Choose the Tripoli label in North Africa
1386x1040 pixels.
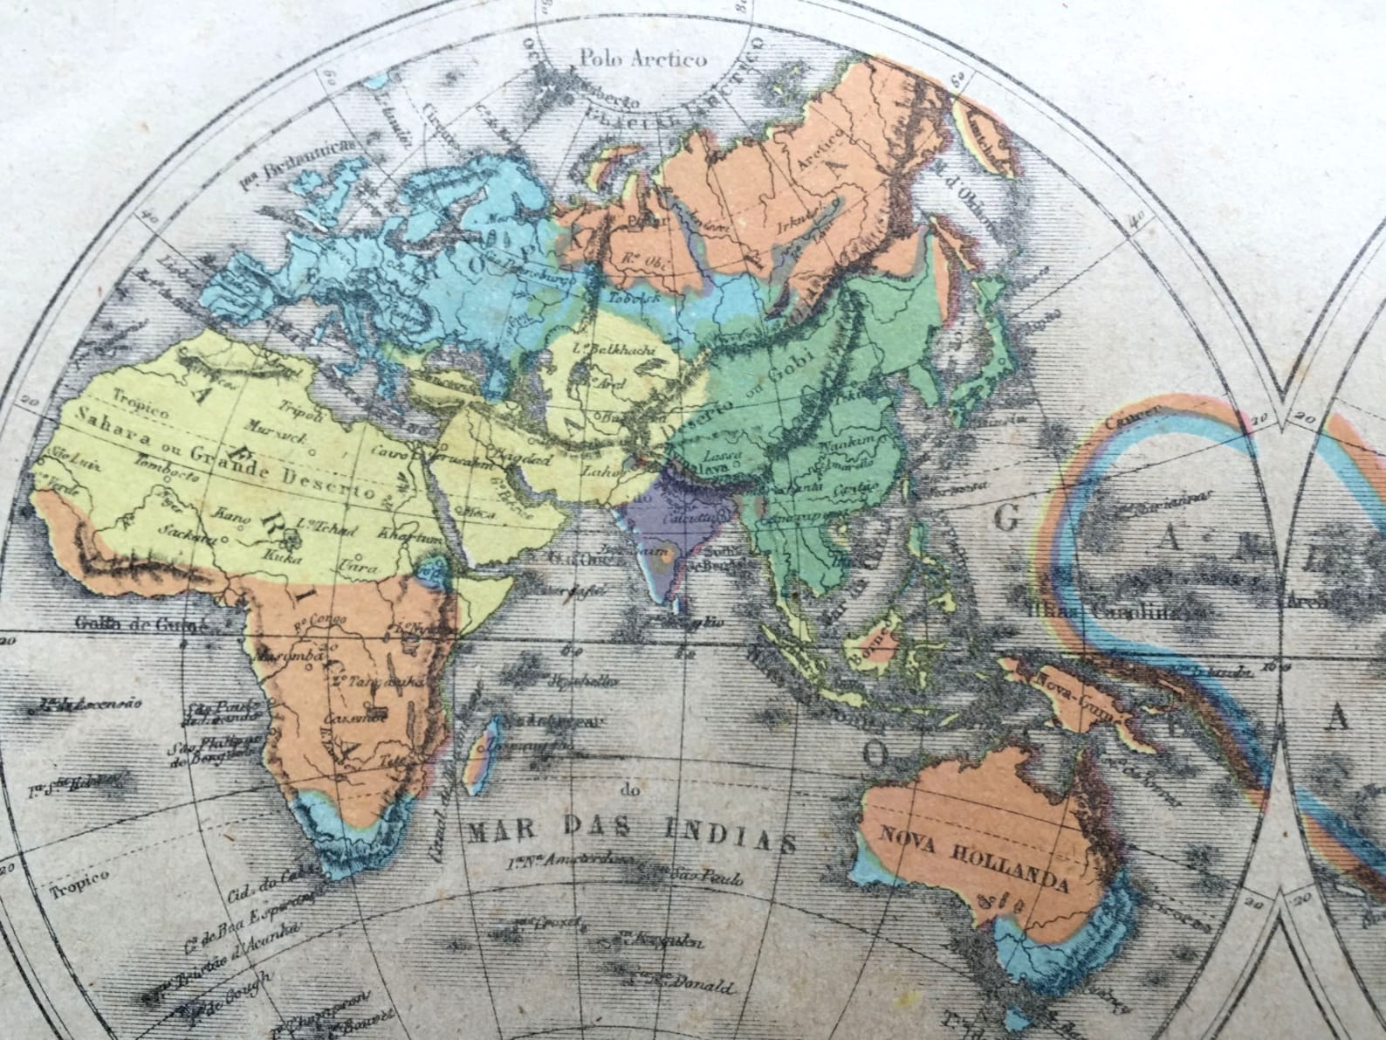[299, 410]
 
